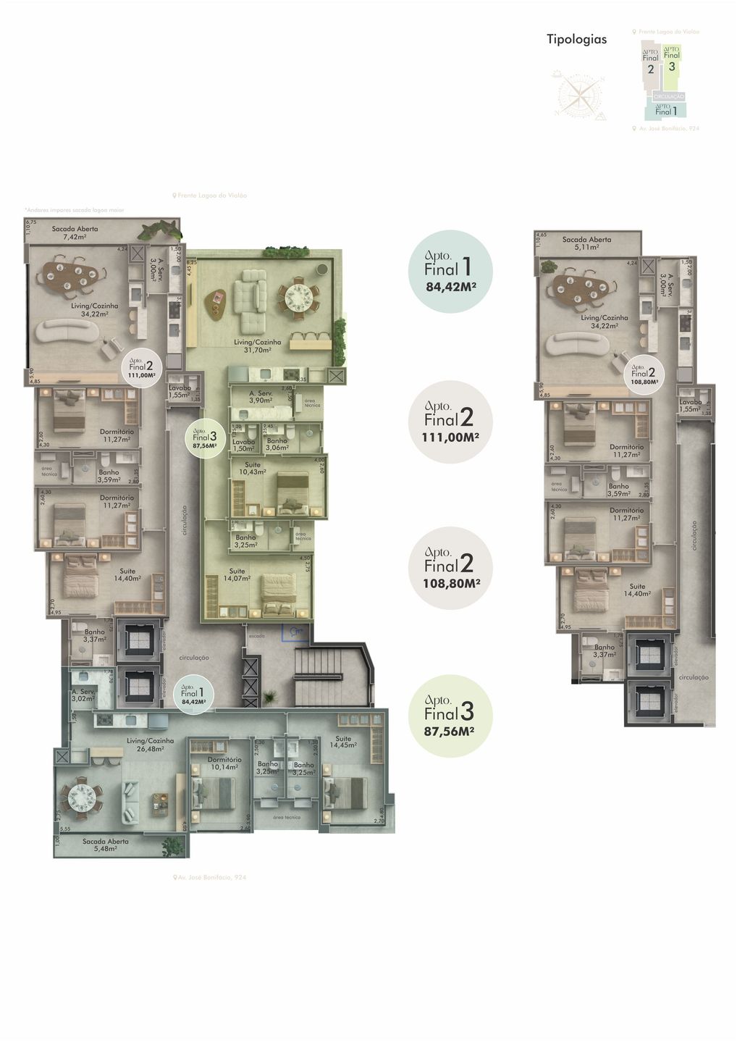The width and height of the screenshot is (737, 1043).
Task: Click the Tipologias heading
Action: [x=576, y=39]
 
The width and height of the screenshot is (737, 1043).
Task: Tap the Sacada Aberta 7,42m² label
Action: [x=75, y=233]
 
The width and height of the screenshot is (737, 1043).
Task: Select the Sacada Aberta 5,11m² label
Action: [x=586, y=243]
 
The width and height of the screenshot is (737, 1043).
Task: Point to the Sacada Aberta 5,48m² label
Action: [x=106, y=845]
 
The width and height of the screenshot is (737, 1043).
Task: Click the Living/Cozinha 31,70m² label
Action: [x=253, y=345]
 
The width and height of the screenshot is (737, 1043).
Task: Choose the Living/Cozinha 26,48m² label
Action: [x=150, y=745]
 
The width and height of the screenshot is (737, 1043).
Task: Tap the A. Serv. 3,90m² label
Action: [x=260, y=397]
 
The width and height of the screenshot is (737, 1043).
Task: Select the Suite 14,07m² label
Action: [x=237, y=574]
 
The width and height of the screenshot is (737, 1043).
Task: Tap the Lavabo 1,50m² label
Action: [x=244, y=445]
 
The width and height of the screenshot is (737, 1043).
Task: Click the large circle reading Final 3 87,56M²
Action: [x=450, y=716]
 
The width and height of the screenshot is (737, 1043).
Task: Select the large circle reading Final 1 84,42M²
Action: [x=450, y=272]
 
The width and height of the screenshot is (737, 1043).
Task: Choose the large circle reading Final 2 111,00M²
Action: [x=450, y=422]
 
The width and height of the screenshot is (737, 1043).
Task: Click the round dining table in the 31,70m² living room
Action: [x=298, y=296]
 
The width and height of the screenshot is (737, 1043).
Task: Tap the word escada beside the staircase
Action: [x=256, y=636]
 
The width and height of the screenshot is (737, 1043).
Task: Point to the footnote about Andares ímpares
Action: [x=74, y=210]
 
